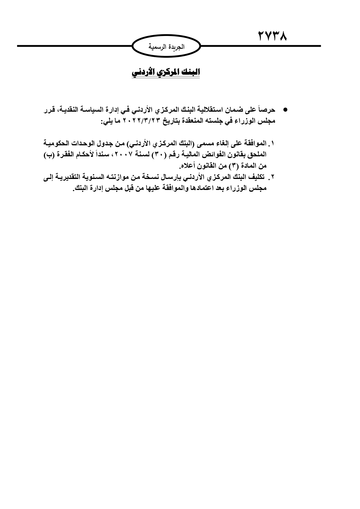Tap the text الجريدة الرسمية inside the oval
click(166, 46)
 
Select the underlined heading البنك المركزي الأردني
click(166, 72)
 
